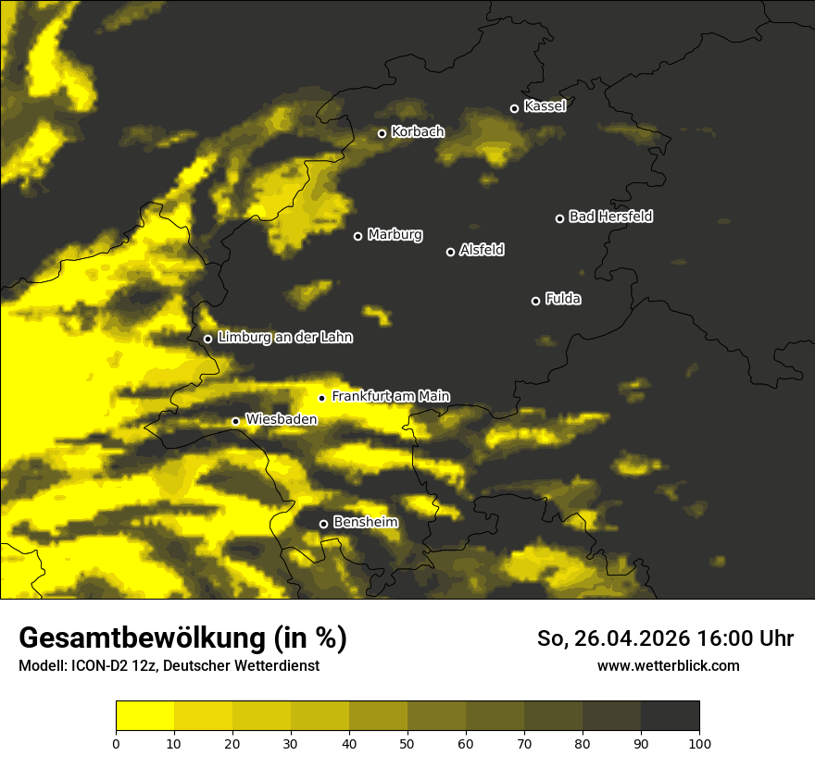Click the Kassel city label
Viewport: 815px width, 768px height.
pos(545,106)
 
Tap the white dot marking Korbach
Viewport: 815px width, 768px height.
pos(382,133)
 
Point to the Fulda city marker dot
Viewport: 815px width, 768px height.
pos(535,301)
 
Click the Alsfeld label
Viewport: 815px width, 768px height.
pos(482,250)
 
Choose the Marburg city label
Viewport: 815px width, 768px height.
pos(395,235)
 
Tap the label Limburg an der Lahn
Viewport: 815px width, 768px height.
pos(284,338)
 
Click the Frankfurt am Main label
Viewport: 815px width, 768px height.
pos(390,396)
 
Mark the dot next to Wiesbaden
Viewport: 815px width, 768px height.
pos(235,421)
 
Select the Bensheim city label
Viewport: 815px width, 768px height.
pos(365,522)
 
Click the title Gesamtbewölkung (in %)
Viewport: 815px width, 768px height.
pos(182,638)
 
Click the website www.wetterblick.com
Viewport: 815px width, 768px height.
pos(668,665)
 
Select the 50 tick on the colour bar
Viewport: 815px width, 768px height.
pos(407,742)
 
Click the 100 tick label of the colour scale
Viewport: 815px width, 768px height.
pos(699,742)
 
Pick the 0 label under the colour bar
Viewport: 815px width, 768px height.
pos(116,742)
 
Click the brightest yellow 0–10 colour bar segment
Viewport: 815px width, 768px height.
pos(144,716)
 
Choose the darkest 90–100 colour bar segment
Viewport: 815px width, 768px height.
pos(670,716)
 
